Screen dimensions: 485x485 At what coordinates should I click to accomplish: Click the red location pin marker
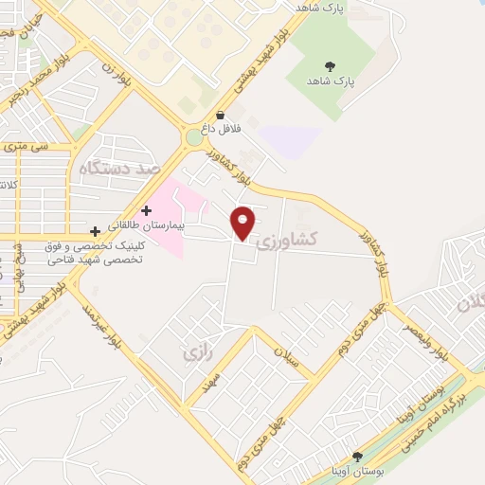[244, 224]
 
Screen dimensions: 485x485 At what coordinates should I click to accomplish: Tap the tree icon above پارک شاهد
[330, 66]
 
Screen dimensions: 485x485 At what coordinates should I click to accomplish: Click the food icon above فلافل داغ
[220, 115]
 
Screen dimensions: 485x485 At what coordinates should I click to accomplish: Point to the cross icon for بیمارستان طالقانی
[146, 210]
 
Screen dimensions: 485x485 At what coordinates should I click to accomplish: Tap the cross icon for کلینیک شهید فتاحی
[95, 231]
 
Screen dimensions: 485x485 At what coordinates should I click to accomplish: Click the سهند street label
[211, 382]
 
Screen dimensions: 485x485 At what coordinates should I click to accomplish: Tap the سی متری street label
[26, 147]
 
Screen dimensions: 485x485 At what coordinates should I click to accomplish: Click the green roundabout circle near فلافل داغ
[194, 138]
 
